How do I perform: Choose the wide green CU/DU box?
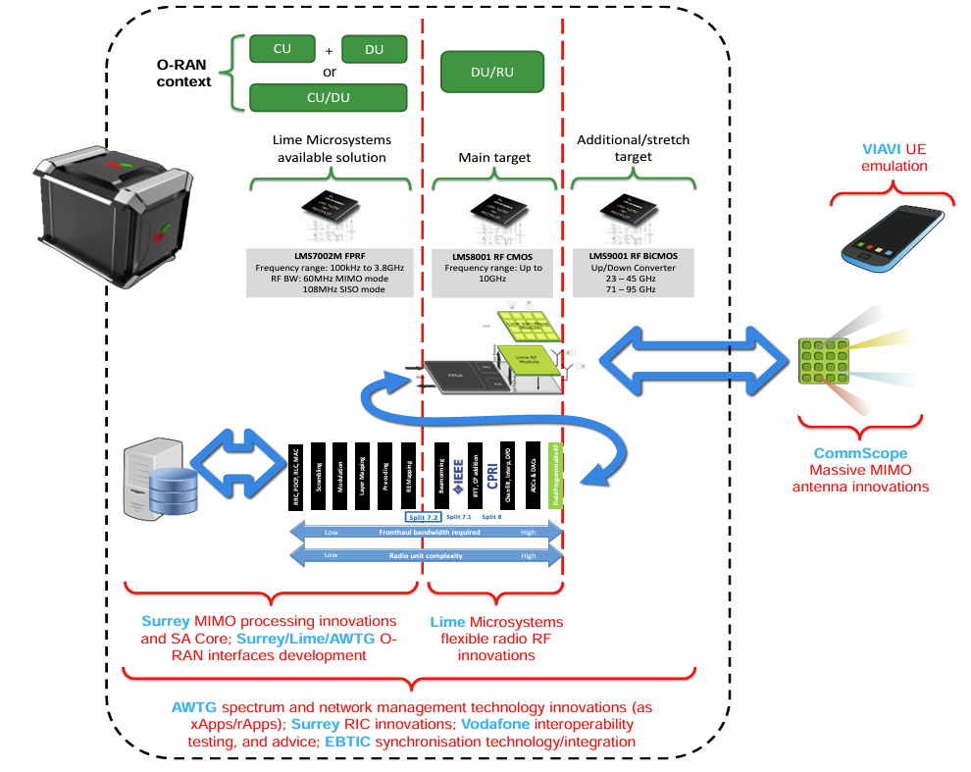[328, 97]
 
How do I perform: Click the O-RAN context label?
[183, 73]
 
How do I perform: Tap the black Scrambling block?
[318, 479]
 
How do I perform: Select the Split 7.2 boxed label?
[422, 516]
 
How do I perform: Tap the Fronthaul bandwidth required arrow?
[427, 533]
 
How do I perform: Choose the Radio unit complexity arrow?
[427, 555]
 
